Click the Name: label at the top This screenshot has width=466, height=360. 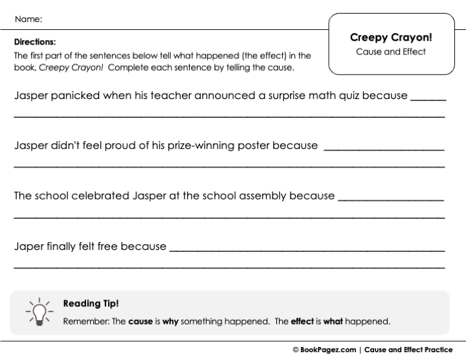pyautogui.click(x=28, y=19)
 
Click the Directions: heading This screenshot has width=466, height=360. pyautogui.click(x=35, y=41)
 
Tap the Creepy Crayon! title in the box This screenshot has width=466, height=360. pyautogui.click(x=391, y=38)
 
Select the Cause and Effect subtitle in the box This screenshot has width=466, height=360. pyautogui.click(x=391, y=52)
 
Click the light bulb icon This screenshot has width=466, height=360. pyautogui.click(x=38, y=311)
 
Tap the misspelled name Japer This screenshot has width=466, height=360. pyautogui.click(x=28, y=247)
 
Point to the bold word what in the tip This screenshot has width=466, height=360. pyautogui.click(x=333, y=321)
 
